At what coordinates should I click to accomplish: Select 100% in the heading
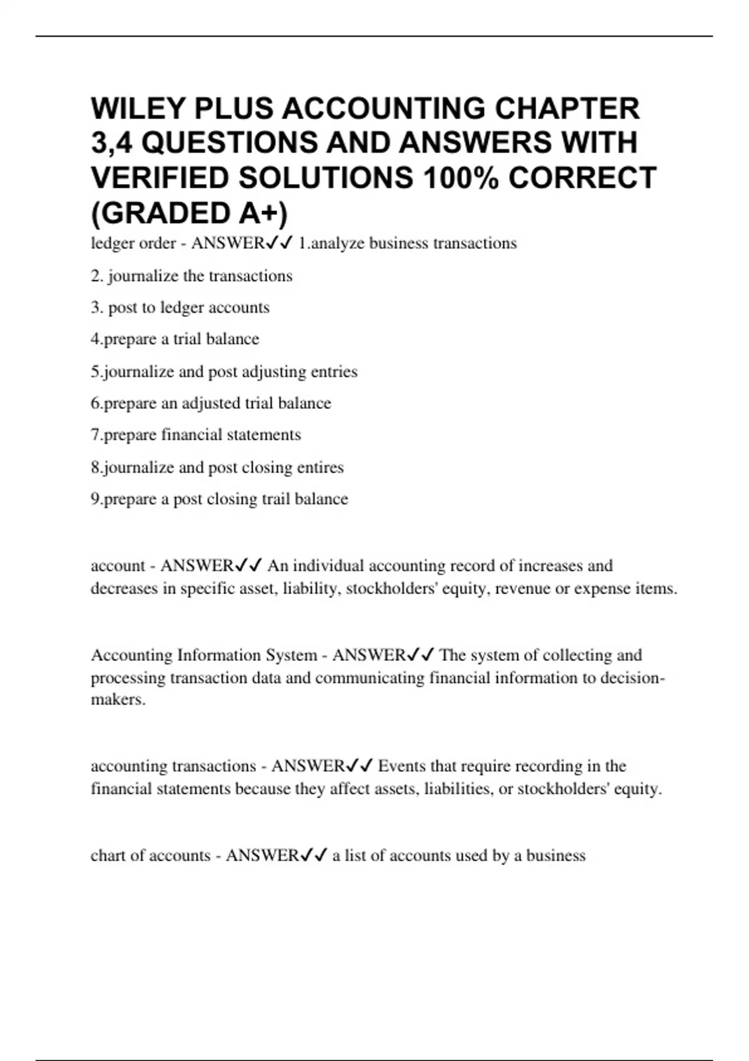pyautogui.click(x=461, y=178)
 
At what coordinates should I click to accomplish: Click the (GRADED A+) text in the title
pyautogui.click(x=190, y=213)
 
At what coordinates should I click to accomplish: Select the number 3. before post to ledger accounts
pyautogui.click(x=97, y=307)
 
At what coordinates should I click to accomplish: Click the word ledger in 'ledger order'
pyautogui.click(x=112, y=243)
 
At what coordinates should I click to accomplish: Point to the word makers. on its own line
pyautogui.click(x=118, y=700)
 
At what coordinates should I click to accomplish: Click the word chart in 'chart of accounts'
pyautogui.click(x=108, y=855)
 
